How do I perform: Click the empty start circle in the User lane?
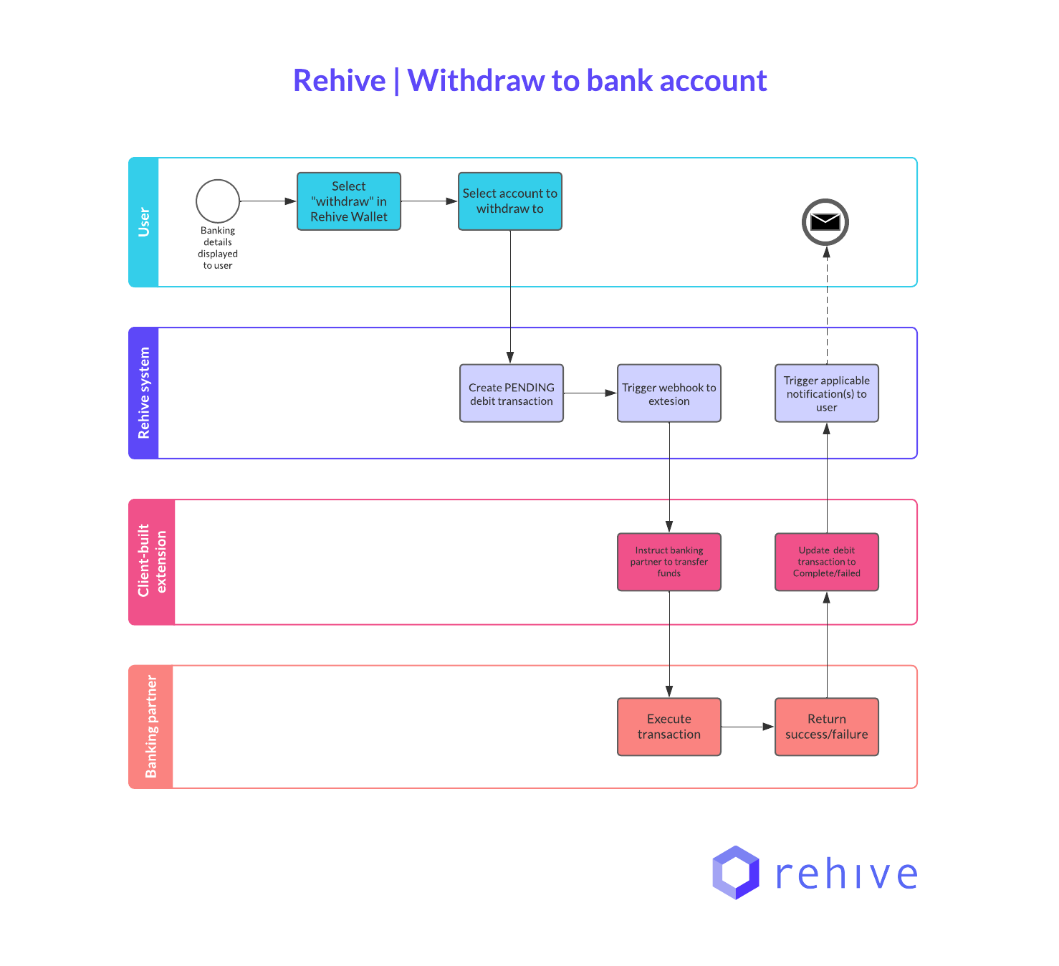click(x=218, y=201)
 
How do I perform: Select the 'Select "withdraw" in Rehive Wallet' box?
click(x=349, y=201)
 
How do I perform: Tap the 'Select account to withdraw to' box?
click(x=510, y=201)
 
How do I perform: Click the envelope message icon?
click(x=825, y=222)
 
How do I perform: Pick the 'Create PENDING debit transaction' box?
click(x=512, y=393)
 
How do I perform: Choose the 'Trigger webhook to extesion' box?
click(x=669, y=393)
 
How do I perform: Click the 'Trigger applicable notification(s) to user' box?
click(x=827, y=393)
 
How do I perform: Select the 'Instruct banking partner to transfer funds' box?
click(x=669, y=562)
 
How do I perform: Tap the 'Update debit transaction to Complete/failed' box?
click(x=827, y=562)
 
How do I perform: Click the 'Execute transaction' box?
click(x=669, y=727)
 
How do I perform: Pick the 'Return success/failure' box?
click(x=827, y=727)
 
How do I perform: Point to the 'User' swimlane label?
click(x=144, y=222)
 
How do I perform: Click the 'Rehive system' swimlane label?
click(x=144, y=393)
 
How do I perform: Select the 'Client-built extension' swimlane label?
click(x=152, y=561)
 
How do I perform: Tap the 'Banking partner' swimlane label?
click(x=151, y=727)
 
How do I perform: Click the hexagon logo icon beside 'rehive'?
click(x=735, y=873)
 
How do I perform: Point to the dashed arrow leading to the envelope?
click(x=827, y=308)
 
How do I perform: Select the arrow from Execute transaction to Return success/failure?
click(x=747, y=727)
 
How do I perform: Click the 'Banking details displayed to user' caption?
click(x=218, y=248)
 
